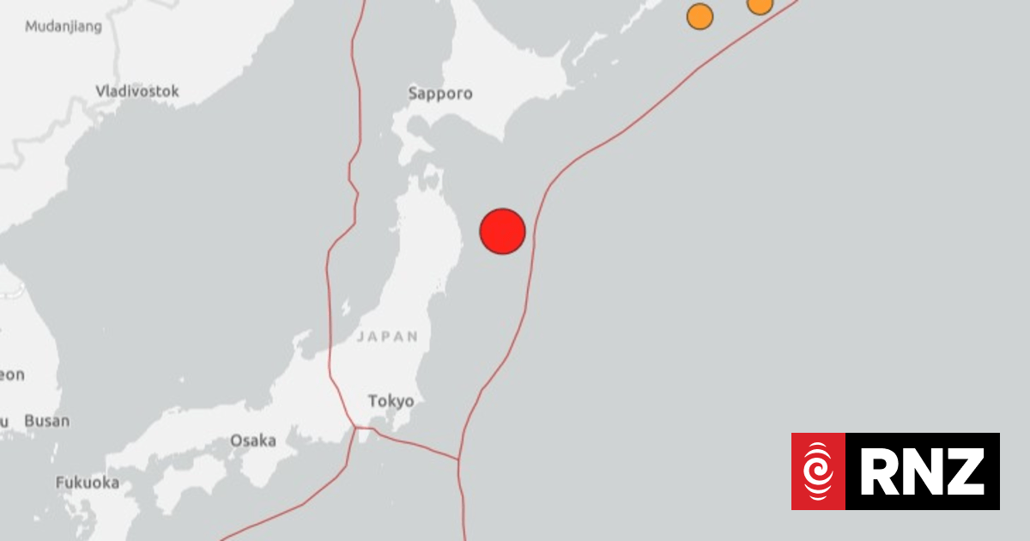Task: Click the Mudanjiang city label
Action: tap(63, 27)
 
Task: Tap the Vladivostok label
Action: tap(137, 90)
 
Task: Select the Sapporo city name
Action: tap(440, 94)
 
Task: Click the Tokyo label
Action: tap(391, 401)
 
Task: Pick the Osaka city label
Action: tap(253, 441)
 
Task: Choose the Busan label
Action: tap(46, 422)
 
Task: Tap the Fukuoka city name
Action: tap(88, 483)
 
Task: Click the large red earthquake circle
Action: tap(502, 231)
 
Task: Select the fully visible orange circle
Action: tap(700, 16)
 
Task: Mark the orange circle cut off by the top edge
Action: tap(760, 5)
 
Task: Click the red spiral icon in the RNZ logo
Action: tap(818, 471)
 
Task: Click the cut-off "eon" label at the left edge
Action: tap(12, 375)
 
